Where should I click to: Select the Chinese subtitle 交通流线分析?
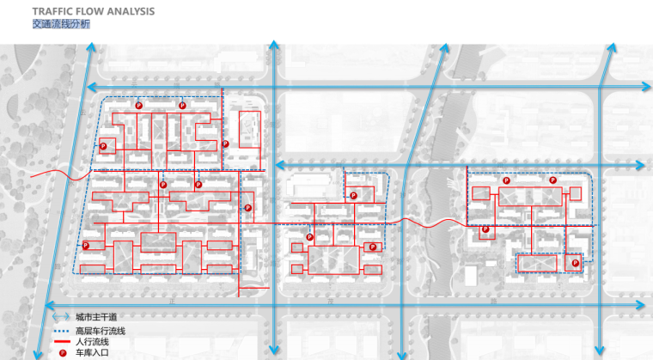(x=61, y=25)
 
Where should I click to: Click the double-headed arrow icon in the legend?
(x=58, y=318)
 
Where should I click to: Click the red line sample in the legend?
(x=58, y=342)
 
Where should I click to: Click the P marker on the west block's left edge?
(x=86, y=246)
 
